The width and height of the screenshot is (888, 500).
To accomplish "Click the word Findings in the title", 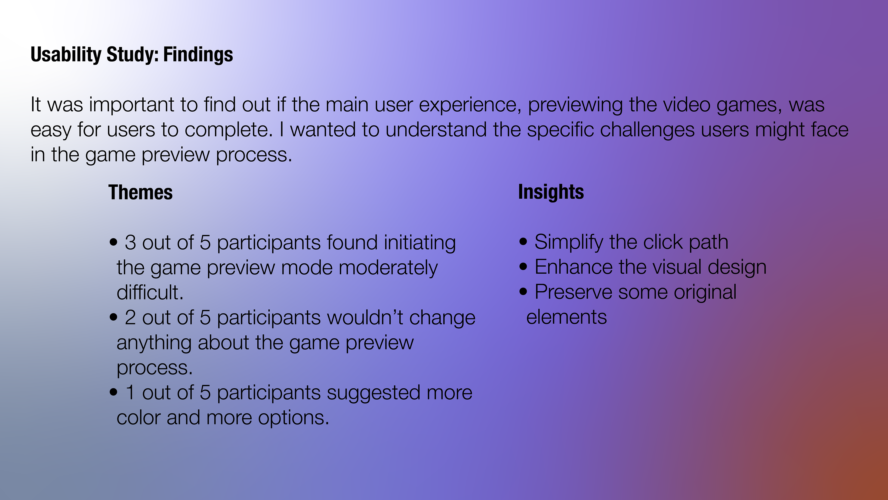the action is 198,55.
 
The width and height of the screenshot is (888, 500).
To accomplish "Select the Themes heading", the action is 140,192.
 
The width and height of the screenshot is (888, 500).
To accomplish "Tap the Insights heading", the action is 551,192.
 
